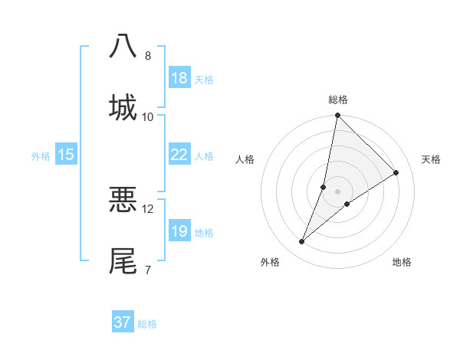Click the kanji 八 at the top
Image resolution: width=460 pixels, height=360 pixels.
pyautogui.click(x=123, y=46)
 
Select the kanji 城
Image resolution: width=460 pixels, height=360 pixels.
pyautogui.click(x=123, y=107)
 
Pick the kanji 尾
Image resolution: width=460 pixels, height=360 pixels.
pyautogui.click(x=123, y=260)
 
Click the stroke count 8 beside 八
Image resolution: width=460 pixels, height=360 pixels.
pyautogui.click(x=148, y=55)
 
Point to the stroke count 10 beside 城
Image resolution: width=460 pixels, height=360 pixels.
pyautogui.click(x=148, y=116)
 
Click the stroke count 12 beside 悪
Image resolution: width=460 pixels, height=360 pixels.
pyautogui.click(x=148, y=208)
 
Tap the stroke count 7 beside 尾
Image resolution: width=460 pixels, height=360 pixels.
pyautogui.click(x=147, y=270)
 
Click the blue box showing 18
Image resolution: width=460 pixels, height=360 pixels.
pyautogui.click(x=179, y=78)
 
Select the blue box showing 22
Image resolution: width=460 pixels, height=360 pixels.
pyautogui.click(x=179, y=155)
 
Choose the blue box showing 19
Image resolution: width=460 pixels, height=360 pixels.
pyautogui.click(x=179, y=231)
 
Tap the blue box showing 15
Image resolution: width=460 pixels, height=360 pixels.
pyautogui.click(x=66, y=155)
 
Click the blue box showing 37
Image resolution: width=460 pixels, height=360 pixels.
pyautogui.click(x=123, y=322)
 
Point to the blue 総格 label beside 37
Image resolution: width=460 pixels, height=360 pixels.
pyautogui.click(x=147, y=324)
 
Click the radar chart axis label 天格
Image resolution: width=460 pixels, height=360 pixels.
pyautogui.click(x=431, y=159)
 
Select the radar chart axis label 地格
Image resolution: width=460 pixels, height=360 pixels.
pyautogui.click(x=402, y=262)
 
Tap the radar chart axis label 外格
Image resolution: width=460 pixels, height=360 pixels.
pyautogui.click(x=270, y=262)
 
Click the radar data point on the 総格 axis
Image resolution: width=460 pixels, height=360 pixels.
pyautogui.click(x=337, y=116)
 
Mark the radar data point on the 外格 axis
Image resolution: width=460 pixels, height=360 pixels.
pyautogui.click(x=302, y=242)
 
